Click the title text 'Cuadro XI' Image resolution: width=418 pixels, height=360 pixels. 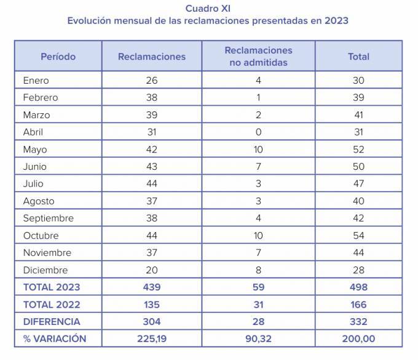(208, 8)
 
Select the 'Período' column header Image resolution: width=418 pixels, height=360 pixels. (58, 57)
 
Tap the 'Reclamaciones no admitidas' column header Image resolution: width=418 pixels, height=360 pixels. (258, 57)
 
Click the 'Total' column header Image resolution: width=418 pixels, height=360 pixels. (358, 57)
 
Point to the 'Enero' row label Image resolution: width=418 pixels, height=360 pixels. (36, 81)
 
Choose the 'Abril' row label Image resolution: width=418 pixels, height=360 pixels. (33, 132)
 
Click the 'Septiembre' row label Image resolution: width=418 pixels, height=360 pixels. (48, 218)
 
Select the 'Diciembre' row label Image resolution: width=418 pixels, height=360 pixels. (45, 270)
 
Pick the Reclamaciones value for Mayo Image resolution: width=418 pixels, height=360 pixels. (151, 150)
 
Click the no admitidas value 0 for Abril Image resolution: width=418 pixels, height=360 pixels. (258, 132)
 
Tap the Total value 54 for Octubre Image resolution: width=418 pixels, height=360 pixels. (358, 236)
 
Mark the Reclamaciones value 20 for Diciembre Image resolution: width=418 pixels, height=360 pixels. (151, 270)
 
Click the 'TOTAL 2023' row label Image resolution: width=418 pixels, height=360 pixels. (52, 287)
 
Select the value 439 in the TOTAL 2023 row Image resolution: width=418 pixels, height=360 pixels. (151, 287)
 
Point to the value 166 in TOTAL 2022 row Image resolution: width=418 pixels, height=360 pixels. (358, 305)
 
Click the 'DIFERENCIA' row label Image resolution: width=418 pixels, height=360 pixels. (52, 322)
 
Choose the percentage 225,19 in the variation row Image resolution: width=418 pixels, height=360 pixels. (151, 339)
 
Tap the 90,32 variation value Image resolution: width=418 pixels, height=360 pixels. (258, 339)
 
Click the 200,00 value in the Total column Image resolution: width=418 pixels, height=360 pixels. (358, 339)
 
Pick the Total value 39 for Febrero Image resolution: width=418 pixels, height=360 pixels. (358, 98)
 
